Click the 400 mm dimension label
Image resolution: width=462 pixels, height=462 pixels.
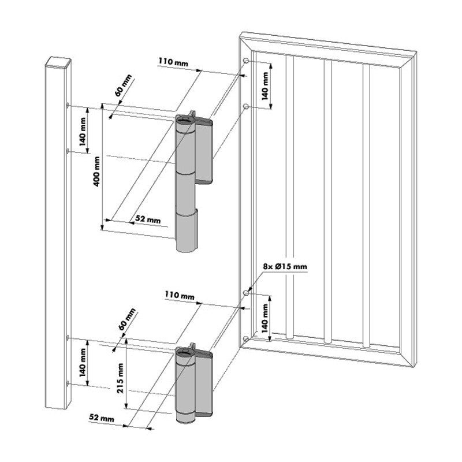click(96, 171)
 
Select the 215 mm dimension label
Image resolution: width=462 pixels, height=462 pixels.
click(121, 378)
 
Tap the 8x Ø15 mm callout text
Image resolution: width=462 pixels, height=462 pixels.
click(285, 267)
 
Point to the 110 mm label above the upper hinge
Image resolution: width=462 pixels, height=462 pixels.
click(173, 62)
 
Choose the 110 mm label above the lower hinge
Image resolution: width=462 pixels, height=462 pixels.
click(180, 295)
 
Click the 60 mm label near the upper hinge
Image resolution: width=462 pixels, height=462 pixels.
click(123, 85)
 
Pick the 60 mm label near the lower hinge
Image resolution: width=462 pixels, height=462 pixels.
click(126, 319)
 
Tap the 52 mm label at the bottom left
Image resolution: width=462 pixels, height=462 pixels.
click(102, 418)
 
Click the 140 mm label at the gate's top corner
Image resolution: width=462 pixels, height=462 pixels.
click(265, 85)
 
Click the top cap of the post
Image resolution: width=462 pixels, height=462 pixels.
click(58, 62)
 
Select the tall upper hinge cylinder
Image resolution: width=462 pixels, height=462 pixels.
click(186, 182)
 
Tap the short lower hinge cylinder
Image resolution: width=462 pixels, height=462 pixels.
click(186, 385)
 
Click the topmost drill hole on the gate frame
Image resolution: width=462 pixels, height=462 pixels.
click(246, 61)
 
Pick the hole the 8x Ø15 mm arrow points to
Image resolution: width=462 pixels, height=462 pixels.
click(247, 293)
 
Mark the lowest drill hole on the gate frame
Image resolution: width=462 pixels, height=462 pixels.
click(246, 339)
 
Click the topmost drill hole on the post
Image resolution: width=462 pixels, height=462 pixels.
click(68, 105)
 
